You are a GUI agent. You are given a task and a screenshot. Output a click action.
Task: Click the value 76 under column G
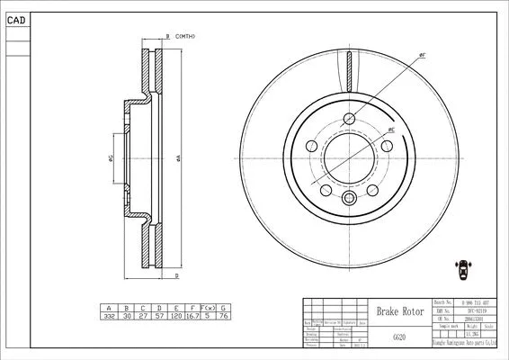(x=223, y=316)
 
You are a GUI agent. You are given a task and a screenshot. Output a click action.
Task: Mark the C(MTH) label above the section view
(x=183, y=36)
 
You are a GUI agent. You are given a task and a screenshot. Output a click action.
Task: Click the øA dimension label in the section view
(x=180, y=157)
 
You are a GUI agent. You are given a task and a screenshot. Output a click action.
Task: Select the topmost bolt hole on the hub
(x=350, y=119)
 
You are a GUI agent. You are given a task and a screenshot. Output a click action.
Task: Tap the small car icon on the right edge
(x=465, y=267)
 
